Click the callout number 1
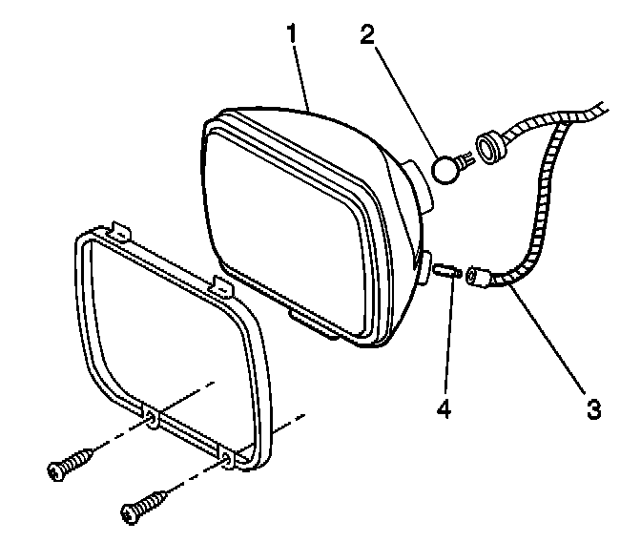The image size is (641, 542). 295,33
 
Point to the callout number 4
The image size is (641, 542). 443,409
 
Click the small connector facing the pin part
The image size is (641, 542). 479,278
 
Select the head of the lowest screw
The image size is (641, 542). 130,516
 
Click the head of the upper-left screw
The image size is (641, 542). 56,469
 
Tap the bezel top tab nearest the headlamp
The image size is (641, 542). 221,282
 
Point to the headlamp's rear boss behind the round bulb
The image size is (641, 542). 419,183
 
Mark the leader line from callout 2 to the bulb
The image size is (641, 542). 405,100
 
